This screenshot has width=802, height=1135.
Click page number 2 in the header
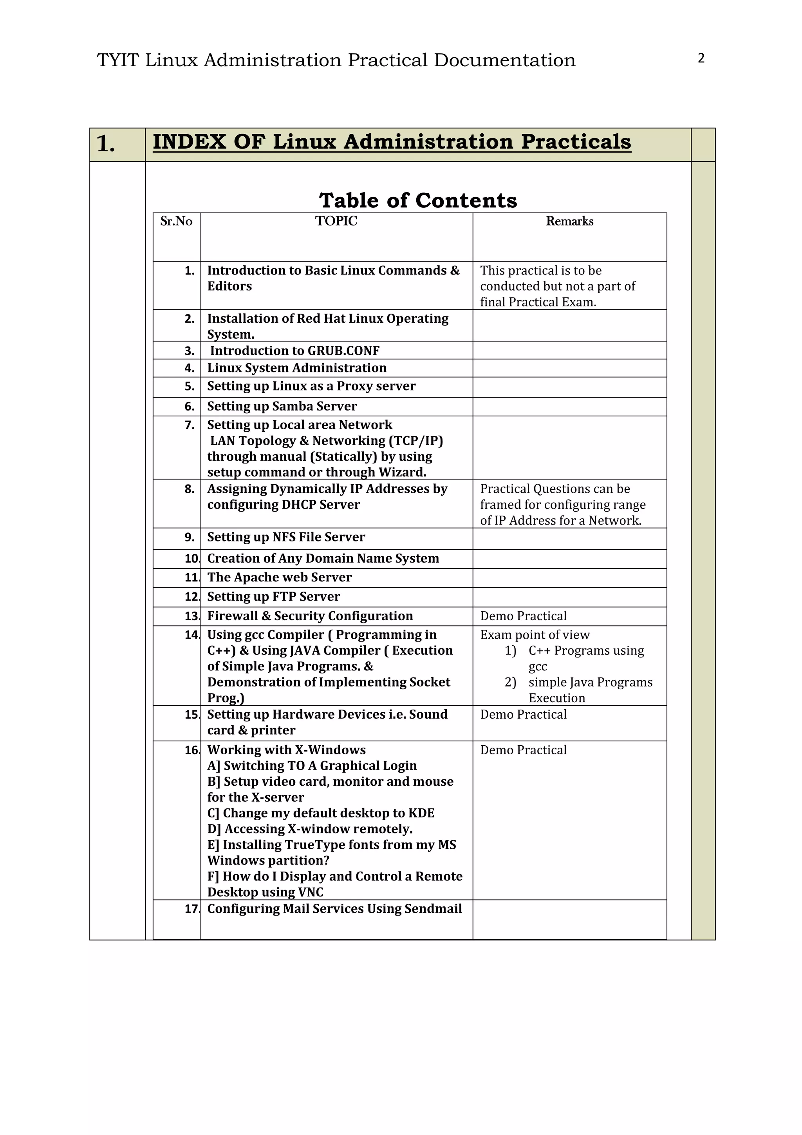(701, 58)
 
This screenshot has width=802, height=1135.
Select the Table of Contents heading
(418, 200)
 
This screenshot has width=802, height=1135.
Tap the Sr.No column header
(176, 221)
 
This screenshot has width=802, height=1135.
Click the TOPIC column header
(336, 221)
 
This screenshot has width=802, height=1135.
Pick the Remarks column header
(569, 221)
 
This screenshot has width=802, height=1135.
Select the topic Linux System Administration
(297, 368)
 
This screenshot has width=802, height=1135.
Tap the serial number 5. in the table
(190, 386)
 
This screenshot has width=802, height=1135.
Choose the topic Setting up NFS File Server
(286, 538)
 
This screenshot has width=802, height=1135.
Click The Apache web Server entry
(280, 577)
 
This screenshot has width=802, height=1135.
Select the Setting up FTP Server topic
(274, 597)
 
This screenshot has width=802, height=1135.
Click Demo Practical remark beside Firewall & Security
(524, 616)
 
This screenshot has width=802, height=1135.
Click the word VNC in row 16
(311, 892)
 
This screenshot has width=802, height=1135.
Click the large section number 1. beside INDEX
(106, 144)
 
